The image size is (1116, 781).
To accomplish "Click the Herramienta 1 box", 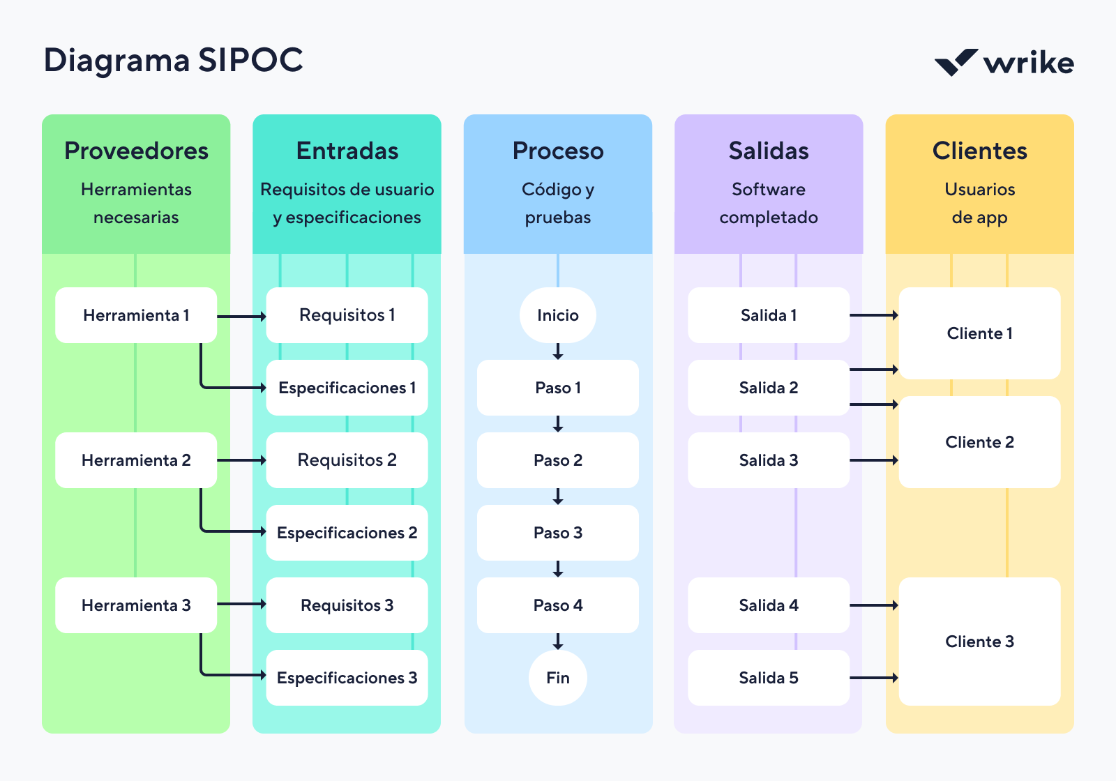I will click(136, 315).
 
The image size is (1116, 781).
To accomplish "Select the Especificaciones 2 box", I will click(347, 533).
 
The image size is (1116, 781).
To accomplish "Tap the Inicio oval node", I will click(557, 315).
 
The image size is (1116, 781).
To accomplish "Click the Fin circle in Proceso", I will click(557, 678).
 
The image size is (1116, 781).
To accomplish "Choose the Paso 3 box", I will click(557, 533).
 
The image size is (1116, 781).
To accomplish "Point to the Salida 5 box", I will click(768, 678).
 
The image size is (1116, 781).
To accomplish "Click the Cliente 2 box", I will click(979, 442).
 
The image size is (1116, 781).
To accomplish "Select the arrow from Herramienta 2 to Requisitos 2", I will click(241, 460).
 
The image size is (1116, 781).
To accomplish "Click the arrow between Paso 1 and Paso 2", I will click(557, 424).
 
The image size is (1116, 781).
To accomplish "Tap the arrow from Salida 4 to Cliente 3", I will click(874, 605).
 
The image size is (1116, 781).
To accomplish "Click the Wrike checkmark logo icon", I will click(956, 63).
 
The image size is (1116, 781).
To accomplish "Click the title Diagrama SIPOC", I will click(173, 60).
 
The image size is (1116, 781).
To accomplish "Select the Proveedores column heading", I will click(136, 151).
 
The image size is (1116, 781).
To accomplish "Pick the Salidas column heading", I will click(768, 151).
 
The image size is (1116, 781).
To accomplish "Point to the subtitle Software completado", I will click(768, 204).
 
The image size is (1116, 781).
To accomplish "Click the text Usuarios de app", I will click(979, 204).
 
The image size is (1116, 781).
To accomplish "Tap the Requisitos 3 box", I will click(347, 605).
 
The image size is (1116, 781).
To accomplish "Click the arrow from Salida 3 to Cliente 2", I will click(874, 460).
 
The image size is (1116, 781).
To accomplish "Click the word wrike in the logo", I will click(1028, 63).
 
